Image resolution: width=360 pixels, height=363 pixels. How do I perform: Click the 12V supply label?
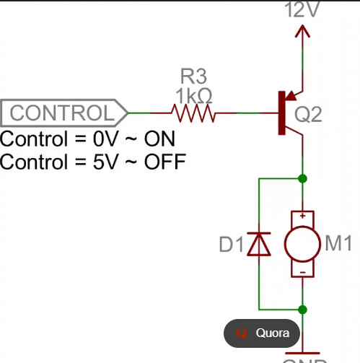(x=302, y=9)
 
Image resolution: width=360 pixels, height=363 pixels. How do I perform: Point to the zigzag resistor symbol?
(x=193, y=113)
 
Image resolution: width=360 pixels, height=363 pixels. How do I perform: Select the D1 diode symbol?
(x=258, y=244)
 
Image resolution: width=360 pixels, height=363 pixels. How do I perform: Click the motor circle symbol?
(x=302, y=244)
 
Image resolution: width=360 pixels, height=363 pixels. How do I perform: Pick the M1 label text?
(x=337, y=244)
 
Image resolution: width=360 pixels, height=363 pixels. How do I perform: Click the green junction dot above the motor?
(x=302, y=178)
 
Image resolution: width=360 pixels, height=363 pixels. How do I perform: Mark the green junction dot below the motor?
(x=302, y=310)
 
